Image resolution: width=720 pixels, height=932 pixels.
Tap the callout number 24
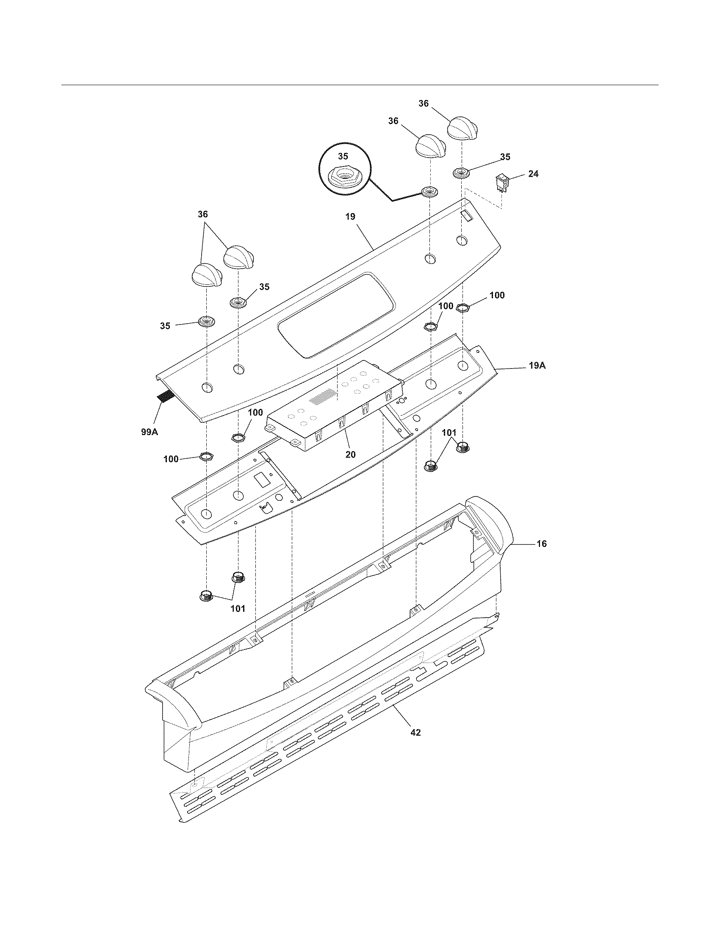point(533,174)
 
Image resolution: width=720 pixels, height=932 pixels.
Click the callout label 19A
point(537,366)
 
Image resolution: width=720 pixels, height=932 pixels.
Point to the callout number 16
point(541,544)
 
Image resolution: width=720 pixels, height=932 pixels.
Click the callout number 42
point(415,732)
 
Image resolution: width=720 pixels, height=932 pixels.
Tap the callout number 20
point(350,455)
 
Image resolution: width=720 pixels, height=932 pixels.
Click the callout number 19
point(350,216)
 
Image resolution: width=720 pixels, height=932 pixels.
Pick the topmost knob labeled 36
point(462,127)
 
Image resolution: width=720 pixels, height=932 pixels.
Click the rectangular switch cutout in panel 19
point(468,217)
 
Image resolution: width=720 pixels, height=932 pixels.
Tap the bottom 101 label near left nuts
point(238,608)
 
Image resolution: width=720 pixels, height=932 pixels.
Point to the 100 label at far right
point(496,295)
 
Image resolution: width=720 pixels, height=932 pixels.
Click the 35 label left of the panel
point(165,326)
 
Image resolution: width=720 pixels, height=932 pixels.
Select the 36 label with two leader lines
point(202,214)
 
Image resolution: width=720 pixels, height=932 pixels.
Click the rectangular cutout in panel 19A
point(260,481)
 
